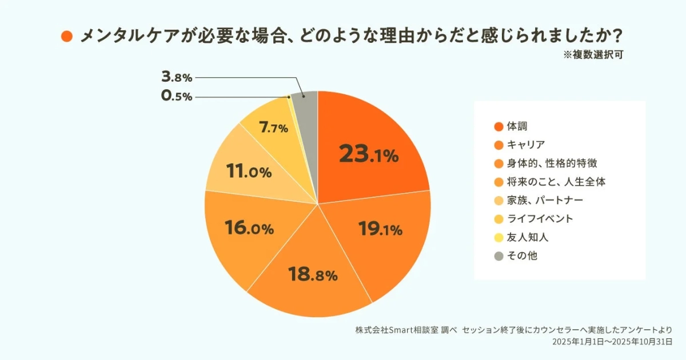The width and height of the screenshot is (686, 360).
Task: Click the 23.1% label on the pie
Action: tap(368, 154)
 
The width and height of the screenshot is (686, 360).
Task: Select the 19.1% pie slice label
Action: tap(381, 230)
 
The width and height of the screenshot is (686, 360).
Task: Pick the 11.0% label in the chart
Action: tap(249, 171)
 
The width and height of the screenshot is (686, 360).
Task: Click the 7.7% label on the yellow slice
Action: tap(273, 128)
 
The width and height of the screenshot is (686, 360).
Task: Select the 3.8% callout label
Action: tap(177, 77)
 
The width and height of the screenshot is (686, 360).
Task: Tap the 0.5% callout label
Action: tap(177, 97)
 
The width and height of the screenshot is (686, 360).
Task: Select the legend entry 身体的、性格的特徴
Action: tap(552, 163)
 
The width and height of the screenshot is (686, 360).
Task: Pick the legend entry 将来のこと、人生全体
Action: tap(556, 182)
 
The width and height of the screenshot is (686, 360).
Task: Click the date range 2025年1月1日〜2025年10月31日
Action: tap(611, 342)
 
